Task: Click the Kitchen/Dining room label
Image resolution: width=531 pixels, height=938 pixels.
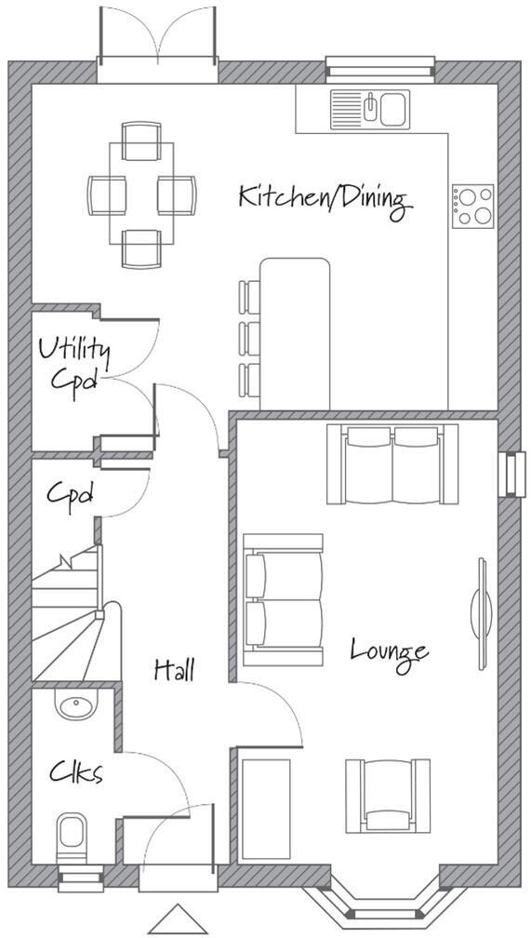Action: (x=324, y=198)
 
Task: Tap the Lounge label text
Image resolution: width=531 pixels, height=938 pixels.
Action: (x=389, y=650)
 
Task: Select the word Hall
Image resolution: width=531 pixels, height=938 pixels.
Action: (x=175, y=669)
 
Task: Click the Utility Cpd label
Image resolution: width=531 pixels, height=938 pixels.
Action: (x=73, y=366)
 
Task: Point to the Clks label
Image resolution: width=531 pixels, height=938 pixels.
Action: (x=75, y=772)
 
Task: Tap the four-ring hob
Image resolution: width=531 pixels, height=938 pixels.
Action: (x=473, y=207)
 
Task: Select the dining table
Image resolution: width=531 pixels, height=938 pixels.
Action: (x=141, y=194)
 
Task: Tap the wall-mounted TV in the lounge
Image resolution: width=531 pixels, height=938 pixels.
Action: (x=483, y=613)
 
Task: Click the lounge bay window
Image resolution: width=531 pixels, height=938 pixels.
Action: (x=385, y=901)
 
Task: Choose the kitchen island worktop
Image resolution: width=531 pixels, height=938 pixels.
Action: (x=295, y=332)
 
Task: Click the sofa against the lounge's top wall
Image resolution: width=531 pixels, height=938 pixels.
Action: (x=392, y=462)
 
